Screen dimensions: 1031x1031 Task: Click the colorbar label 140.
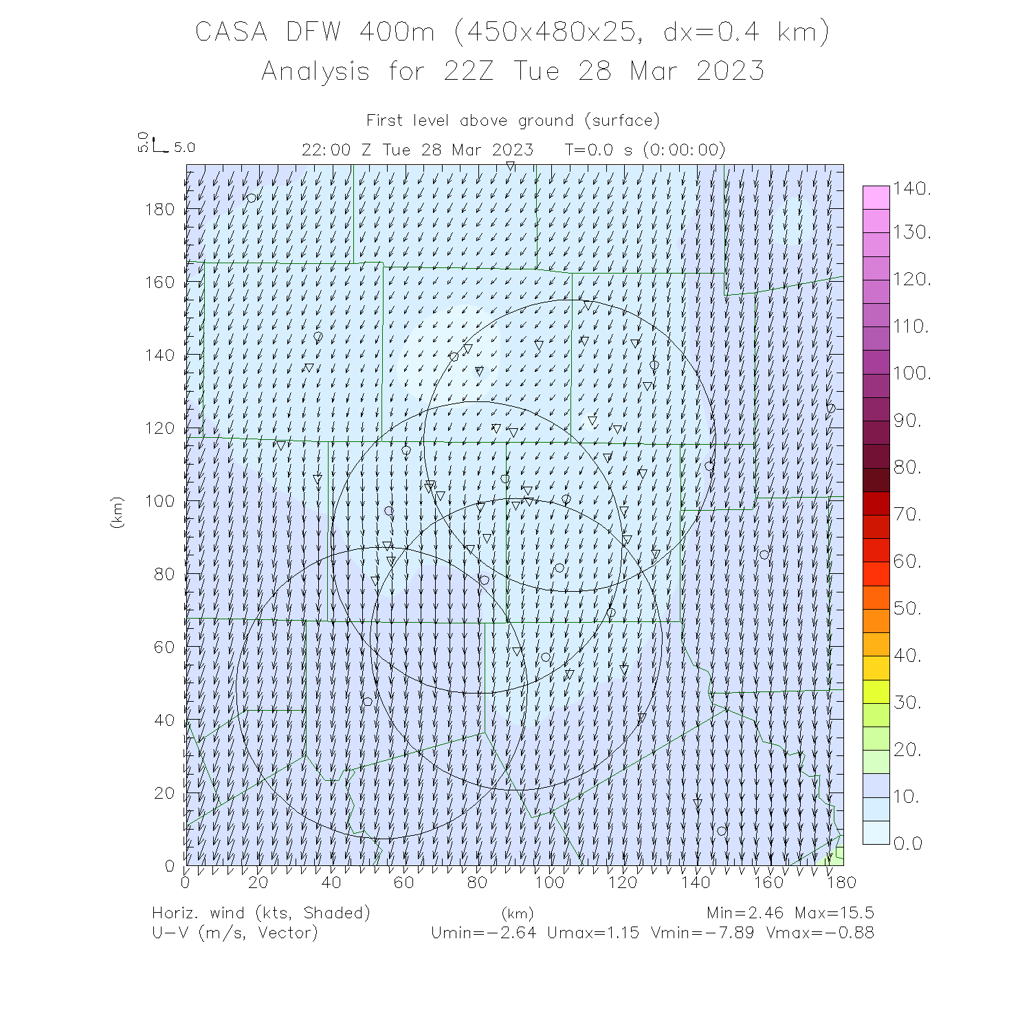click(x=911, y=188)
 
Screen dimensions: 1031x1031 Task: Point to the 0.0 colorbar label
click(x=907, y=843)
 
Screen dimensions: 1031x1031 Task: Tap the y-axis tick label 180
click(x=160, y=210)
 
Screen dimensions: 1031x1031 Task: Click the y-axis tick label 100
click(x=160, y=501)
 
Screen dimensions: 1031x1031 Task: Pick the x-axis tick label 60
click(x=404, y=882)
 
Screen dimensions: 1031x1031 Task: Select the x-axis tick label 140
click(x=696, y=882)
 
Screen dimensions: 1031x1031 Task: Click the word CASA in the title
click(x=231, y=32)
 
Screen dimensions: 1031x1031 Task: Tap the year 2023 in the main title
click(x=730, y=71)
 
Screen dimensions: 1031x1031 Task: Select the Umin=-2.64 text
click(x=483, y=933)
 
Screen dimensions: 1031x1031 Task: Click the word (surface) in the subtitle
click(x=622, y=121)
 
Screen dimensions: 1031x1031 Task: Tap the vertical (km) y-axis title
click(x=117, y=512)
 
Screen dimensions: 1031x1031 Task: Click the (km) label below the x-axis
click(x=517, y=913)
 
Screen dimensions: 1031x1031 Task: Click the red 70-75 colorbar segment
click(x=876, y=503)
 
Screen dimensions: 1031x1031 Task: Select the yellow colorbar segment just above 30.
click(x=876, y=691)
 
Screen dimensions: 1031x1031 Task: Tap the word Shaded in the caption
click(x=336, y=913)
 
